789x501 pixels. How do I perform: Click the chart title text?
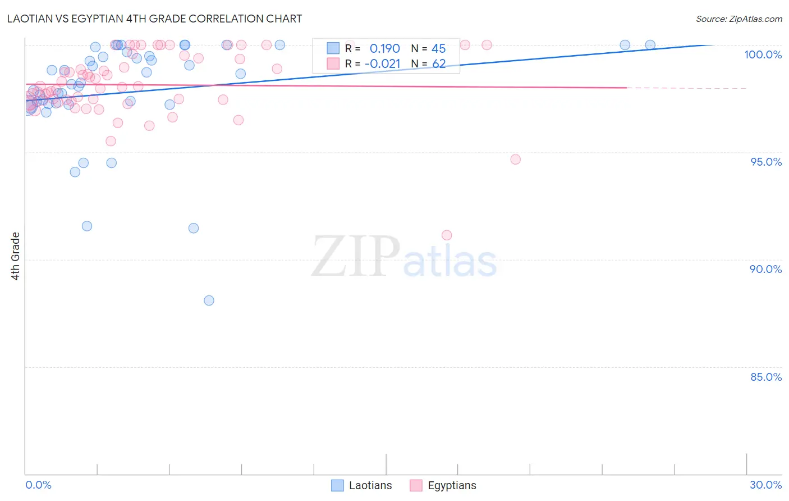click(154, 19)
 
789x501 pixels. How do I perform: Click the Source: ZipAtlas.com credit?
click(738, 19)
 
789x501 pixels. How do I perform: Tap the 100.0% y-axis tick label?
click(763, 54)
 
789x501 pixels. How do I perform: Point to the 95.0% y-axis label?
click(766, 162)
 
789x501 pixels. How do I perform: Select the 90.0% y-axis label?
click(765, 269)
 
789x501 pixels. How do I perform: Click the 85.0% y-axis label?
click(766, 377)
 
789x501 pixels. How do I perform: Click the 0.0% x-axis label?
click(38, 485)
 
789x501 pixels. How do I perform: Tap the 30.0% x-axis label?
click(765, 485)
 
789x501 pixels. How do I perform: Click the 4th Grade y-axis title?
click(16, 256)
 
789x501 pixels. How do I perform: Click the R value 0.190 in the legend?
click(384, 49)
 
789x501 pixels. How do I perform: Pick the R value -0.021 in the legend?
click(382, 64)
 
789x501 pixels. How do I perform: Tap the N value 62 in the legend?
click(439, 64)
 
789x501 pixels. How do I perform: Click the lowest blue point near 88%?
click(209, 300)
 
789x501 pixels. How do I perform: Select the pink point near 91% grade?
click(447, 235)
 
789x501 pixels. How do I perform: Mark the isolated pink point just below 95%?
click(516, 160)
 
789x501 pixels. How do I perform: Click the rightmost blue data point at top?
click(650, 45)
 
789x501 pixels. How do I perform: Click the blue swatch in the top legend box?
click(333, 48)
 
